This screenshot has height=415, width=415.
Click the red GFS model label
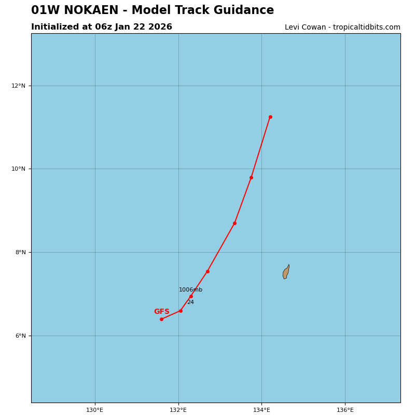[161, 312]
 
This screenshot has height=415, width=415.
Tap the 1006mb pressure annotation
[190, 290]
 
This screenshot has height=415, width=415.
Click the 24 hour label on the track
[190, 302]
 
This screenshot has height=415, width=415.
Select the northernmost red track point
[270, 117]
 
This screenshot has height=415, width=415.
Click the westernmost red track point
[161, 319]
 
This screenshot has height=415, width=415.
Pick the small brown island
[286, 272]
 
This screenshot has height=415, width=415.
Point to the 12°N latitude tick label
[18, 86]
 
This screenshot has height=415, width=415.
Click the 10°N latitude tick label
[18, 169]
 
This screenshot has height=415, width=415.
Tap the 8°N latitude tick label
[19, 253]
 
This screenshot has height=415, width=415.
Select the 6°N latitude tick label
[19, 336]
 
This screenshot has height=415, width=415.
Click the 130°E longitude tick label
[94, 410]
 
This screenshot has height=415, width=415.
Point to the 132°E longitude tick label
[178, 410]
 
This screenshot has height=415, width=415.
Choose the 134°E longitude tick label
[261, 410]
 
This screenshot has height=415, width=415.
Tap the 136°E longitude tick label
[345, 410]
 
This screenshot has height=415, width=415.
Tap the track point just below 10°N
[251, 177]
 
